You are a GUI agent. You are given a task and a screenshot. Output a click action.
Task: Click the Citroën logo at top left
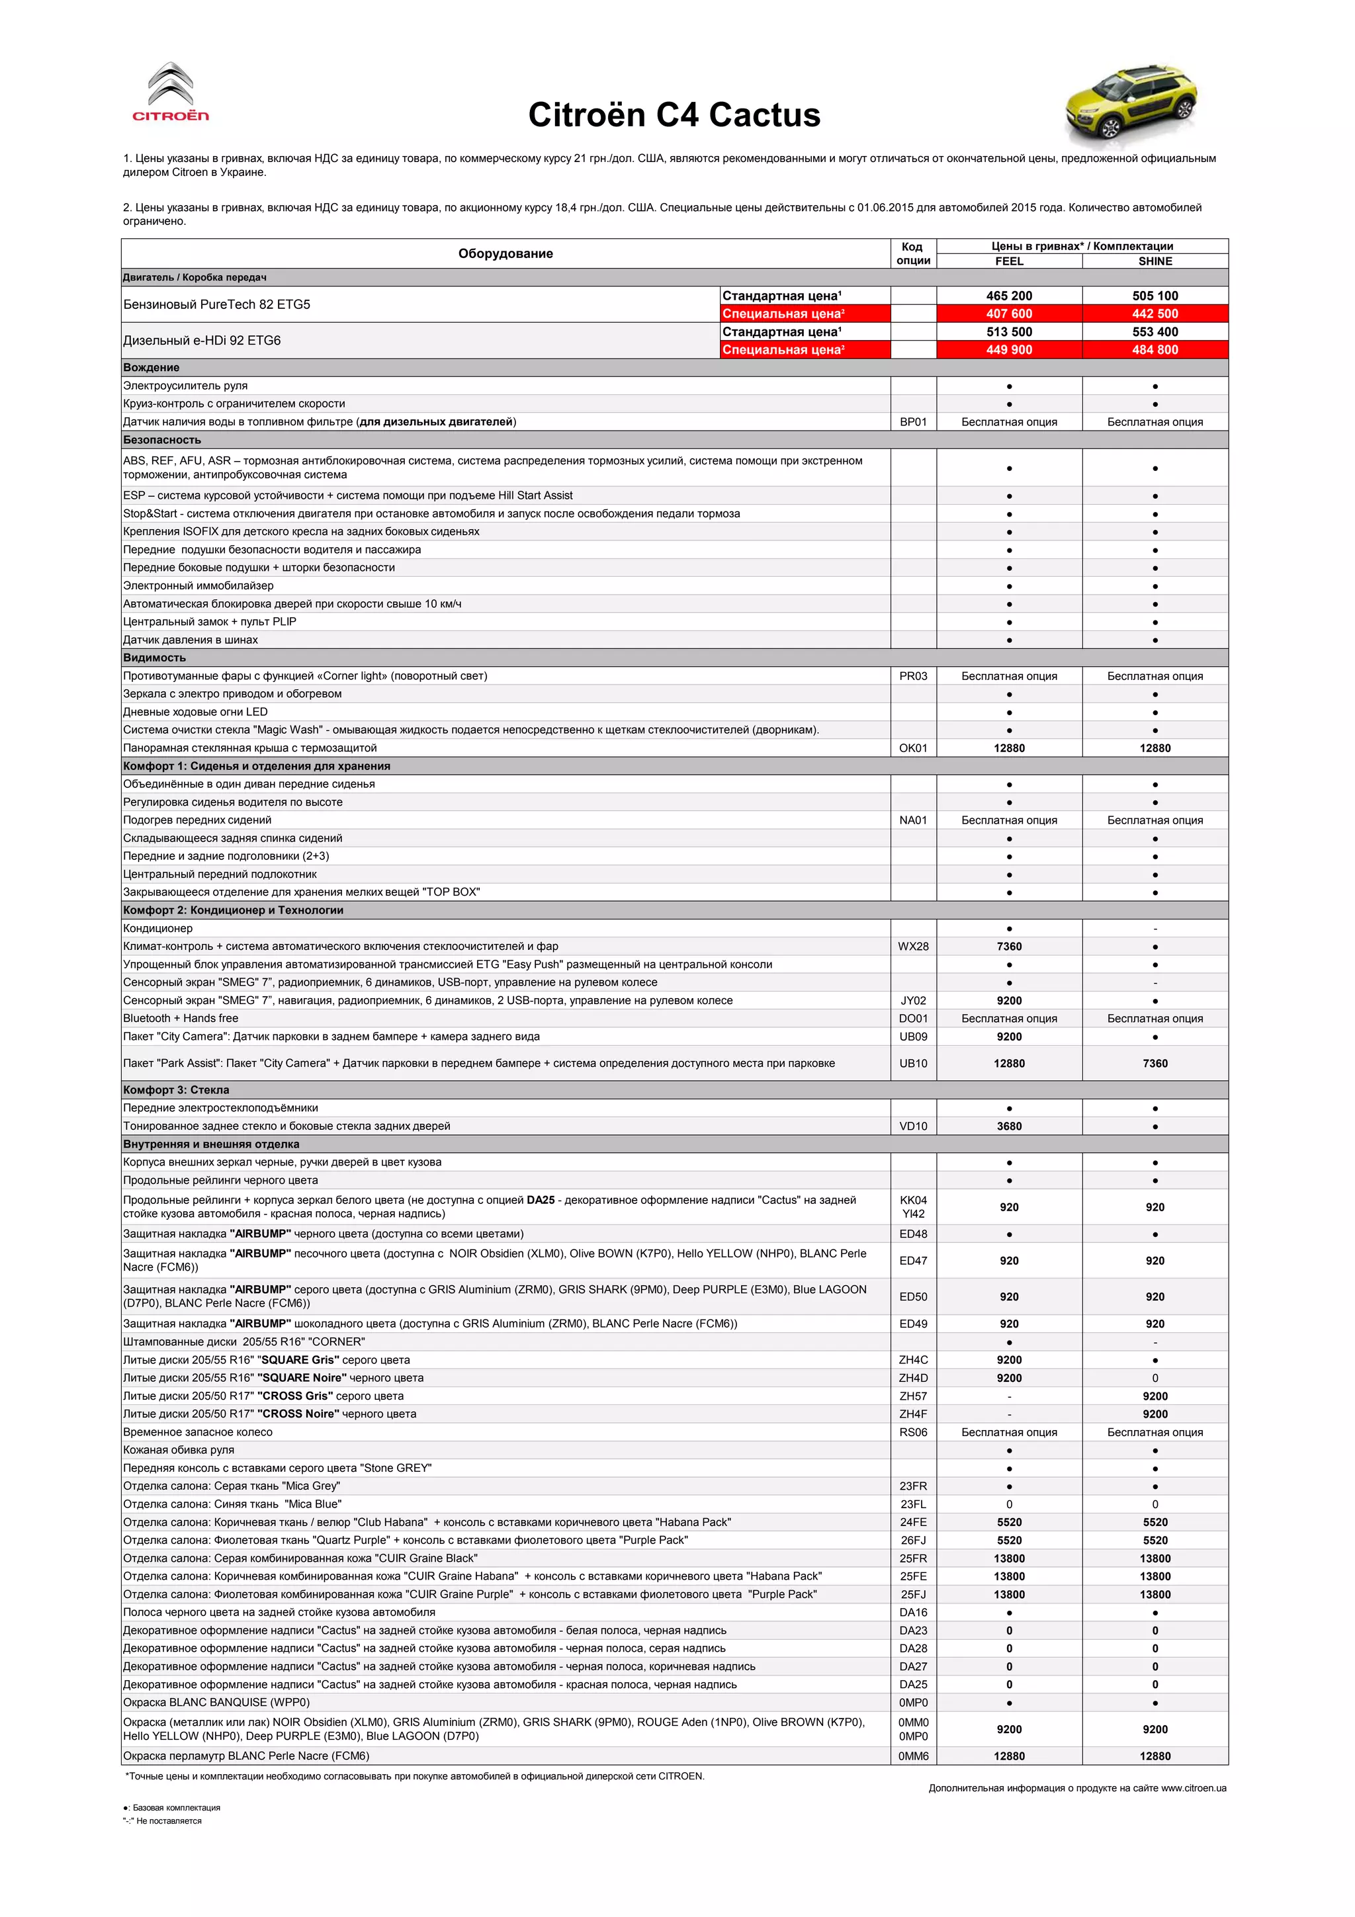(x=171, y=93)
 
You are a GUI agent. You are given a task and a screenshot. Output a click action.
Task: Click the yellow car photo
(x=1131, y=103)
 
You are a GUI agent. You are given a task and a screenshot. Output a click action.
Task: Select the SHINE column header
(x=1155, y=261)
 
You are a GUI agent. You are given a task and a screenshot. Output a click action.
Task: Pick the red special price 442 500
(x=1155, y=314)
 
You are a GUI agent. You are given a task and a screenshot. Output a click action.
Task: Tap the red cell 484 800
(x=1155, y=350)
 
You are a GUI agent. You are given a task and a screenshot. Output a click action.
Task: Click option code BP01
(x=912, y=421)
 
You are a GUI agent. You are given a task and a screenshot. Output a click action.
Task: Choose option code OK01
(x=912, y=748)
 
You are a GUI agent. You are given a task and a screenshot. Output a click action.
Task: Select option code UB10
(x=912, y=1063)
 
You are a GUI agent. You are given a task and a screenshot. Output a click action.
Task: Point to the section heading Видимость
(x=154, y=658)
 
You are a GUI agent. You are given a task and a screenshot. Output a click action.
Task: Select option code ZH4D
(x=912, y=1378)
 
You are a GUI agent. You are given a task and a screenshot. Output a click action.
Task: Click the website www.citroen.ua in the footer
(x=1193, y=1787)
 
